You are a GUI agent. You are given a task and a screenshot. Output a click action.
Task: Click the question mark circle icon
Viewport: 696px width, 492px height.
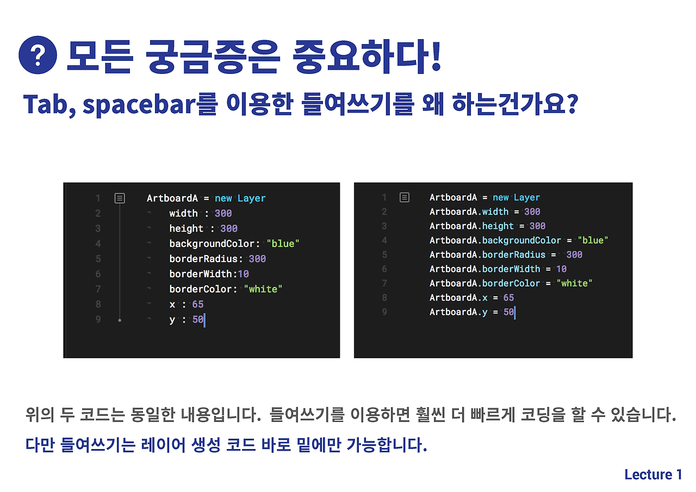click(38, 56)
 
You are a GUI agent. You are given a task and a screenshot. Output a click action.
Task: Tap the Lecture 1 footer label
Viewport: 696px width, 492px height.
click(653, 475)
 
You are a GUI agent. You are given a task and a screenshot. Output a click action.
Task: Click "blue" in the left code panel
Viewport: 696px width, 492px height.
click(283, 244)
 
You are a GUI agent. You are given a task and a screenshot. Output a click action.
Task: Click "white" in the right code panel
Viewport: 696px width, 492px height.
click(574, 283)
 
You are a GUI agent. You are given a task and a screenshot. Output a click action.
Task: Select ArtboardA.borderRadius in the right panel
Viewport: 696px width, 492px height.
click(487, 254)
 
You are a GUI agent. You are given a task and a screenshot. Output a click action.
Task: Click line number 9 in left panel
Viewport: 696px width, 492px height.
click(98, 320)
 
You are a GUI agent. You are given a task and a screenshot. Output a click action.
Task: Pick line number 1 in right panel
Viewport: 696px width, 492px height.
click(384, 197)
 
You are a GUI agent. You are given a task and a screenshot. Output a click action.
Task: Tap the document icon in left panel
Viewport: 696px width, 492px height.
click(120, 198)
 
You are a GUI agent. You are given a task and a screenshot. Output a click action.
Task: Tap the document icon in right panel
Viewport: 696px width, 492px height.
click(404, 197)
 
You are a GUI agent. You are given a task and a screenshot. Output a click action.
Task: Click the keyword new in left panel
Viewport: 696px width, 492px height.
click(223, 198)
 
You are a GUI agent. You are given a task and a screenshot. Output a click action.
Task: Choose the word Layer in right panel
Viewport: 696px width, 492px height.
click(526, 197)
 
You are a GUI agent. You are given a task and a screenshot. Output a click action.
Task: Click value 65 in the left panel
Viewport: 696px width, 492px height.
click(197, 304)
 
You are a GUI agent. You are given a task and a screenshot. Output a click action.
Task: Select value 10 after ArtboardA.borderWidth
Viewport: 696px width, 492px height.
click(561, 269)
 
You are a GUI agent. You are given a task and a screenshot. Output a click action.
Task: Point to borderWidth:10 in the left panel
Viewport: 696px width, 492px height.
click(209, 274)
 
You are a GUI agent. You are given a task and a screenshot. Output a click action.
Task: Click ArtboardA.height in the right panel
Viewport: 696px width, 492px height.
click(471, 226)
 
